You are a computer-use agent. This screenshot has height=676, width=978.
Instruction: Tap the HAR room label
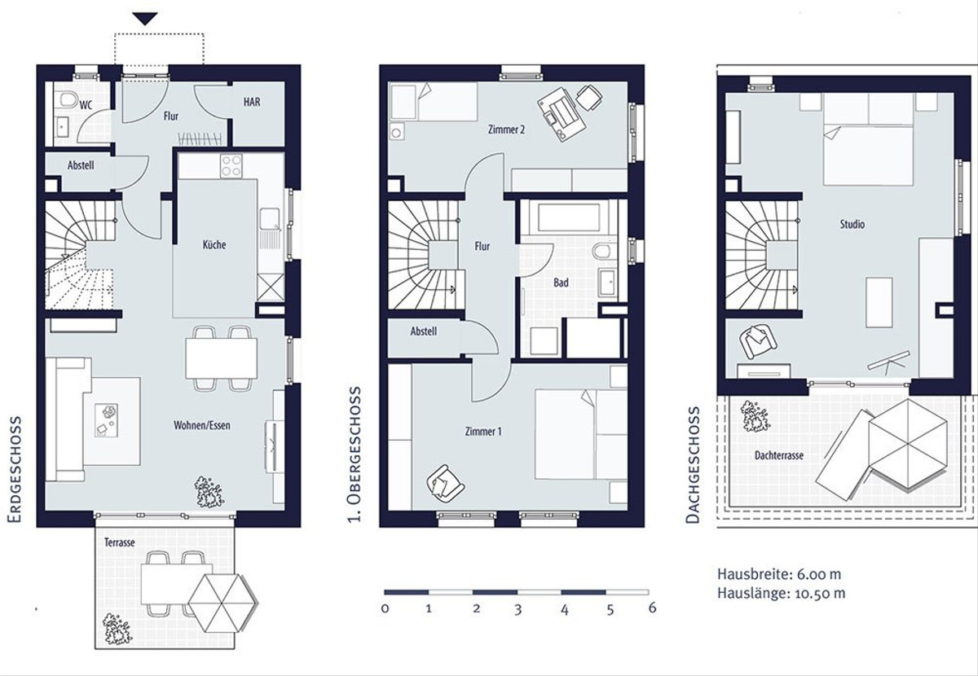[252, 102]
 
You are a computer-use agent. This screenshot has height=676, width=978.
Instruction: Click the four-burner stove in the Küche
[231, 166]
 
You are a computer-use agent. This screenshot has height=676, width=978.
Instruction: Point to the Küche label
[214, 244]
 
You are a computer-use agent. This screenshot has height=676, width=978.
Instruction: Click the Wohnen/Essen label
[202, 425]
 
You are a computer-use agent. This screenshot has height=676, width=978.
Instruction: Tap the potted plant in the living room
[209, 491]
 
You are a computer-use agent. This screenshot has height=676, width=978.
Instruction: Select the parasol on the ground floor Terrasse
[222, 603]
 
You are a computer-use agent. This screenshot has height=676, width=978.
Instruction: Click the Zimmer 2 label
[506, 129]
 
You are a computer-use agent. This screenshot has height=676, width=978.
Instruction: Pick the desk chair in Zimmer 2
[588, 98]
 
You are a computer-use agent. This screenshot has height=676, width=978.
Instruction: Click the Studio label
[852, 224]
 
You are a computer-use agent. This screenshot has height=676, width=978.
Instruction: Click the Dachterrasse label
[779, 455]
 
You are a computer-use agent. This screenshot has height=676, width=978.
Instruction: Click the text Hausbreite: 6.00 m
[779, 574]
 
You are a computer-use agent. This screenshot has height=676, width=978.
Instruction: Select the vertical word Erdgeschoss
[15, 468]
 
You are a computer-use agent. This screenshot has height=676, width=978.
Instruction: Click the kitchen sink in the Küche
[271, 219]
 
